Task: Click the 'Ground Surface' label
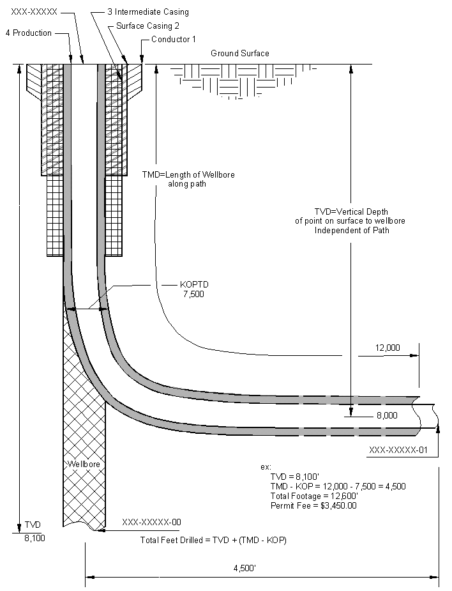pos(240,54)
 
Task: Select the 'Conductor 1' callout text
pos(174,40)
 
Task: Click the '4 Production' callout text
pos(28,33)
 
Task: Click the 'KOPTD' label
pos(193,286)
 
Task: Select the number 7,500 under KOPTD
pos(193,295)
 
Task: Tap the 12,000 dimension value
pos(388,348)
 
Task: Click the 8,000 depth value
pos(388,415)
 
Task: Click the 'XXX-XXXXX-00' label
pos(151,522)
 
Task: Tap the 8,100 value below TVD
pos(34,539)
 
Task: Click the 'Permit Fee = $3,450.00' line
pos(313,505)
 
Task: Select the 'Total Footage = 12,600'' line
pos(314,496)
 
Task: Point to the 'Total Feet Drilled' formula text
pos(213,541)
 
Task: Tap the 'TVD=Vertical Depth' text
pos(351,211)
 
